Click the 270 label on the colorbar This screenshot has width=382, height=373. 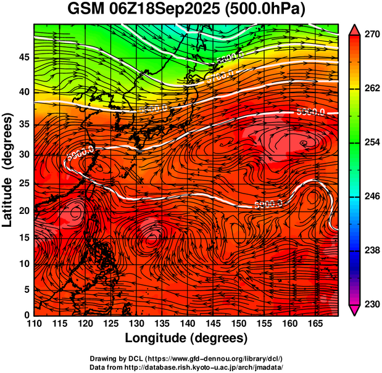point(371,35)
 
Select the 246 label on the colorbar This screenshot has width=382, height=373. point(371,197)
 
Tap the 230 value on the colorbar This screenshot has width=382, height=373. point(371,304)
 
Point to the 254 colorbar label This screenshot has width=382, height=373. point(371,142)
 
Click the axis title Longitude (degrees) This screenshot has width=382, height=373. point(186,338)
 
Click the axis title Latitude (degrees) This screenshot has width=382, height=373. point(8,170)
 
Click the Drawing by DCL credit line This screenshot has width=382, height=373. point(186,358)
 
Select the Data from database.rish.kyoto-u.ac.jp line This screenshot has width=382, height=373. point(186,366)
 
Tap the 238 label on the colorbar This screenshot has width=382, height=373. point(371,250)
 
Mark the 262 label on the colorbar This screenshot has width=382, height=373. point(371,89)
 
